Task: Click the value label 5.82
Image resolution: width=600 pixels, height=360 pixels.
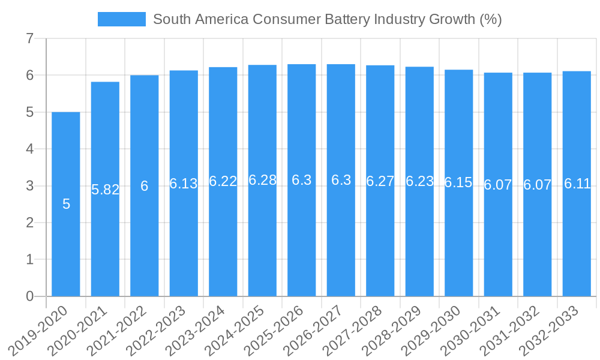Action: coord(105,190)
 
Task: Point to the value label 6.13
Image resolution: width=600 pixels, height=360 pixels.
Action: coord(184,184)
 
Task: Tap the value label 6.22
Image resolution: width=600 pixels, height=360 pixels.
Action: coord(223,182)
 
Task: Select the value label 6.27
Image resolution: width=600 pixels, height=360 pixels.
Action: coord(380,181)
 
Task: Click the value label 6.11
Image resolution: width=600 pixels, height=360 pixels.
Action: coord(577,184)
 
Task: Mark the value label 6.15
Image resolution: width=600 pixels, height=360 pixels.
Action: coord(459,183)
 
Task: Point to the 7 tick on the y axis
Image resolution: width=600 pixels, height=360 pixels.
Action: coord(29,39)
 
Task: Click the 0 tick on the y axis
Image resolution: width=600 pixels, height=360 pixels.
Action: coord(29,296)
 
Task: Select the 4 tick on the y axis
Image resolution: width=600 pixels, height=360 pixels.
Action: coord(29,149)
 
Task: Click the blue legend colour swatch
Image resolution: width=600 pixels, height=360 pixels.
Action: coord(122,20)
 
